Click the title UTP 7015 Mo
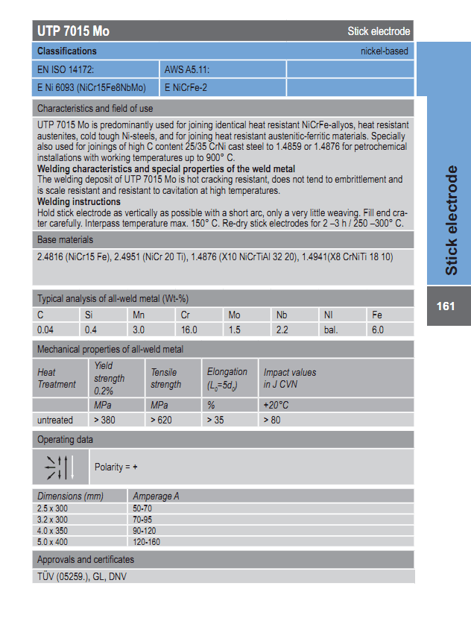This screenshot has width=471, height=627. [x=74, y=31]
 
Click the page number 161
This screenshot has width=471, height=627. [x=446, y=306]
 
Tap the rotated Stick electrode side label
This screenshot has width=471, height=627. [x=452, y=221]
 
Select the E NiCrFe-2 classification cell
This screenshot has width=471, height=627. [x=187, y=88]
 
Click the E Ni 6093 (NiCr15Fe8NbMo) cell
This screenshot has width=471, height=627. [x=92, y=88]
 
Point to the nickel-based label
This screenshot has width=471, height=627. [x=384, y=51]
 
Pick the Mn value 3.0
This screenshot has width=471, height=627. [x=139, y=330]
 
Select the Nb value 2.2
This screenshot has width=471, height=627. [x=282, y=330]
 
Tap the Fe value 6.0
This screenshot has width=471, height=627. [x=377, y=330]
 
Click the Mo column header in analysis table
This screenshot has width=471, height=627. [x=234, y=315]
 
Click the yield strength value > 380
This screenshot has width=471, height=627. [x=105, y=420]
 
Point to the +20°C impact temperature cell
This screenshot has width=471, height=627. [x=276, y=405]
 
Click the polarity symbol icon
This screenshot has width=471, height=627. [x=60, y=467]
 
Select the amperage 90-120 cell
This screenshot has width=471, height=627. [x=145, y=530]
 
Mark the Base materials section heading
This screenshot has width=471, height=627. [x=66, y=240]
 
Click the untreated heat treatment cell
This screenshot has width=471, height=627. [x=55, y=420]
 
